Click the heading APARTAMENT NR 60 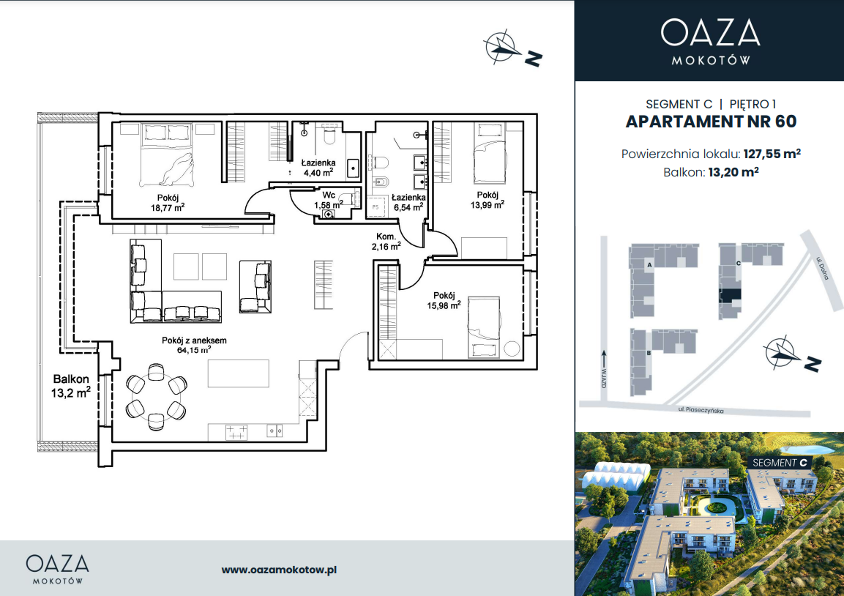tap(711, 122)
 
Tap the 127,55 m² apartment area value tap(772, 154)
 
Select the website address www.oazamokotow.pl tap(279, 570)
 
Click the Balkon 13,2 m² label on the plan tap(70, 386)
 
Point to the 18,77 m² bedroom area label tap(168, 206)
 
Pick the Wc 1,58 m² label tap(329, 200)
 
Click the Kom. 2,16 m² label tap(386, 242)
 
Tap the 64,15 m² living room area tap(194, 350)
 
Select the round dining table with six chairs tap(156, 397)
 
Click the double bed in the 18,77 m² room tap(167, 155)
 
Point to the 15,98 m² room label tap(444, 301)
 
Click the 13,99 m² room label tap(487, 200)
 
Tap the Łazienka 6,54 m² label tap(408, 202)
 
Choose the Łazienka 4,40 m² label tap(318, 168)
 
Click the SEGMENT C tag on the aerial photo tap(780, 463)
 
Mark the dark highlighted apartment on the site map tap(731, 296)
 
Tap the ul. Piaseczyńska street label tap(701, 410)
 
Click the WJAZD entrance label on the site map tap(603, 378)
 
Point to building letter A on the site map tap(650, 265)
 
